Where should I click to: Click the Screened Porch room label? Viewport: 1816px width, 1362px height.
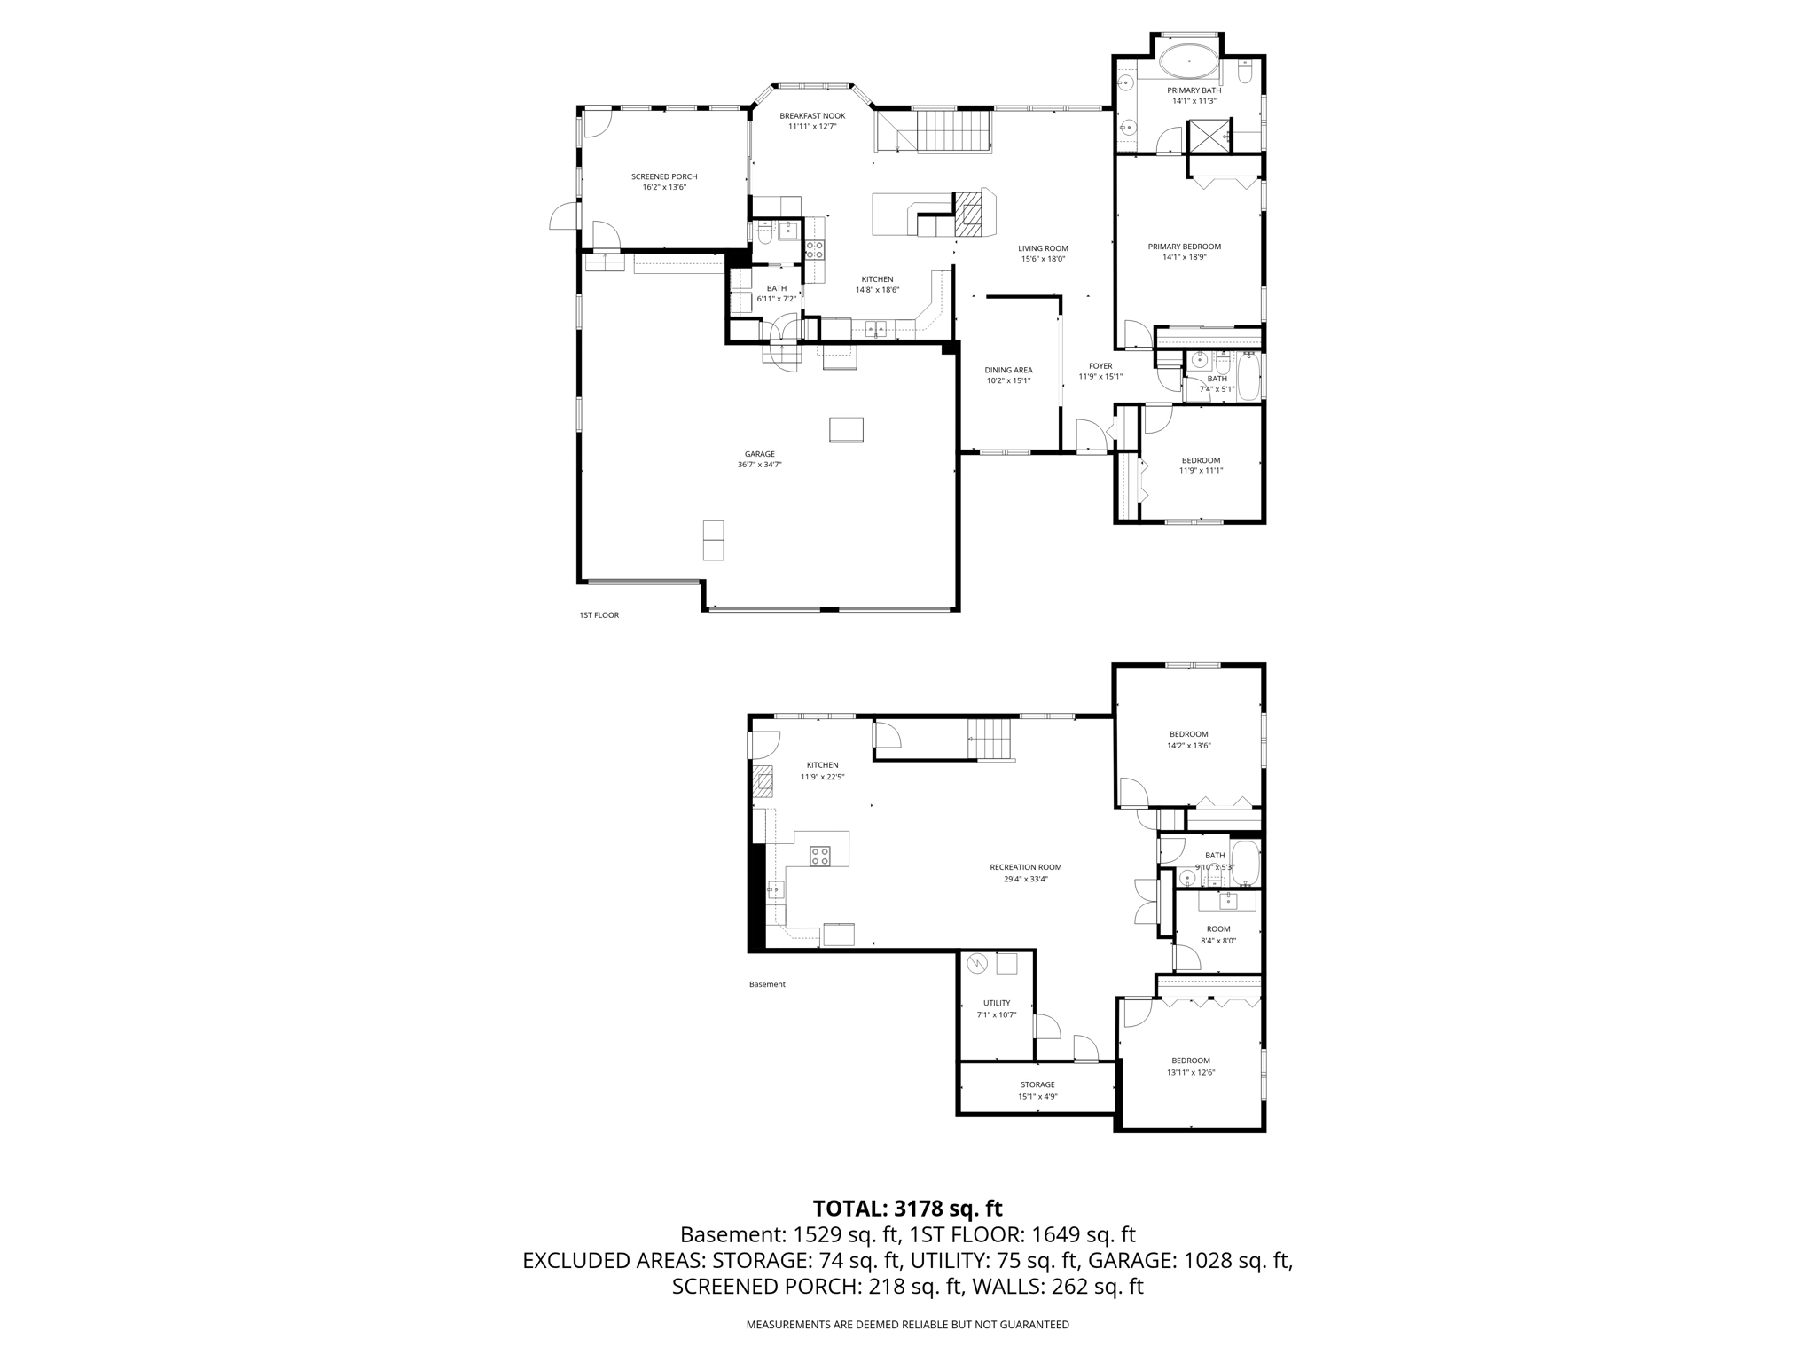click(664, 176)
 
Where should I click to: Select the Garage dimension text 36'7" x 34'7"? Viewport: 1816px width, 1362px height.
click(759, 465)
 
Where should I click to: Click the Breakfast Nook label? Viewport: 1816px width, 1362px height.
click(812, 116)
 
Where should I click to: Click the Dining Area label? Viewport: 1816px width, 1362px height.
click(1008, 370)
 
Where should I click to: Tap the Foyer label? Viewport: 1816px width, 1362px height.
click(1100, 365)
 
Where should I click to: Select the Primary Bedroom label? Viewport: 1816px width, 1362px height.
click(1184, 247)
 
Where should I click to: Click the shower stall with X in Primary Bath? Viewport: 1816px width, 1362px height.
click(1207, 135)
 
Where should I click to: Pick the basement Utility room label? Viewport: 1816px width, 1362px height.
click(997, 1003)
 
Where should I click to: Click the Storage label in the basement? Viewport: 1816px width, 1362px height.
click(1037, 1084)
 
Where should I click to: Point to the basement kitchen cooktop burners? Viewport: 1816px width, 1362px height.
click(819, 856)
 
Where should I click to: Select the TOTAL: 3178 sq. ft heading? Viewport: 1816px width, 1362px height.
click(907, 1208)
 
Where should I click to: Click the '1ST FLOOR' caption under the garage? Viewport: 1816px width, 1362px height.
click(599, 614)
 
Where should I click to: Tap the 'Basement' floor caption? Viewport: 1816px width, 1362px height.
click(767, 984)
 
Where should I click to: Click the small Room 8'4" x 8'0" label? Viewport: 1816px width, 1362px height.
click(1218, 929)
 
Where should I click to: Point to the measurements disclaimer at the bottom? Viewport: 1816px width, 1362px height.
click(907, 1324)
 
